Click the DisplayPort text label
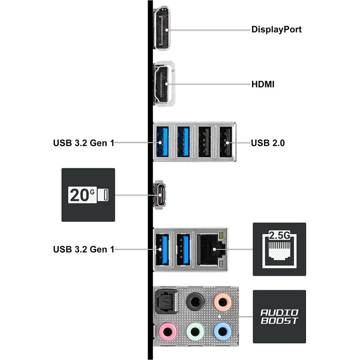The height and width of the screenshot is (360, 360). tap(276, 30)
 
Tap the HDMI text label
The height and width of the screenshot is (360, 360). tap(263, 84)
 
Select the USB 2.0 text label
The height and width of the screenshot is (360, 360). tap(268, 144)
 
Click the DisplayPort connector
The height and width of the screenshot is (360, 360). tap(162, 29)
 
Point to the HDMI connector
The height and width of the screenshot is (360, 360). tap(162, 84)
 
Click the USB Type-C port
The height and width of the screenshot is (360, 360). tap(161, 195)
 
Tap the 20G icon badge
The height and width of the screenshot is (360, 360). tap(88, 195)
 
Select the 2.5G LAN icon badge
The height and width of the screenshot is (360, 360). tap(279, 249)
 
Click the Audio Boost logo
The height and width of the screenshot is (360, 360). tap(279, 316)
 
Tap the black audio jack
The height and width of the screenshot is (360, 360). tap(194, 300)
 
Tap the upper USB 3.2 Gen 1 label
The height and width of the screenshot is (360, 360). tap(84, 144)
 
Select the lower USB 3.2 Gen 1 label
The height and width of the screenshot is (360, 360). tap(84, 249)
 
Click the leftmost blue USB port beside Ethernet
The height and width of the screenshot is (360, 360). tap(162, 249)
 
